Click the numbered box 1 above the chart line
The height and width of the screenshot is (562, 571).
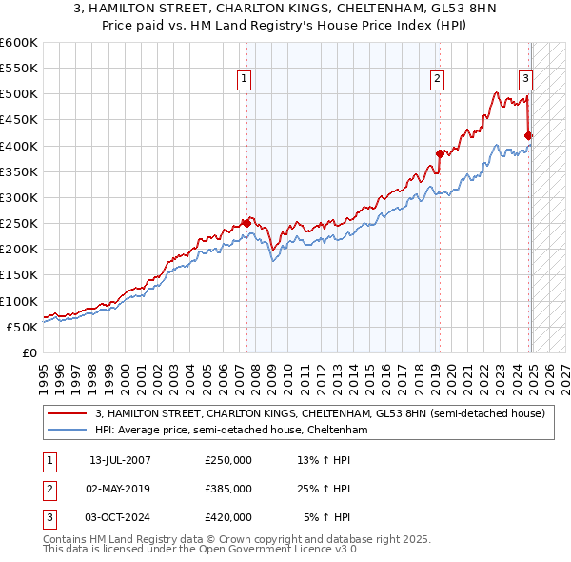pos(245,79)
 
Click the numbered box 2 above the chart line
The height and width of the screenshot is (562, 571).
pos(437,79)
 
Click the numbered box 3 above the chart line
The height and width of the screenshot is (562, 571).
pos(525,79)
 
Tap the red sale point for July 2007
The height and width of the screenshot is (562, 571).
pos(246,223)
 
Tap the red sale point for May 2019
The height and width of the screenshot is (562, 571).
pos(440,153)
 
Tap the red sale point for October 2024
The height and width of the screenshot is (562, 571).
pos(529,135)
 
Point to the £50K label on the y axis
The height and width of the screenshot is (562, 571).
pos(23,327)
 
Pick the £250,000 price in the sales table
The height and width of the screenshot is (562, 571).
pos(228,460)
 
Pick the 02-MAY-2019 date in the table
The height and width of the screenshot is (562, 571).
pos(120,489)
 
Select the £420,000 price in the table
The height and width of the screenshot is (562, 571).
pos(228,517)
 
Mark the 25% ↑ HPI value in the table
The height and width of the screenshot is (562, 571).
pos(324,489)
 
